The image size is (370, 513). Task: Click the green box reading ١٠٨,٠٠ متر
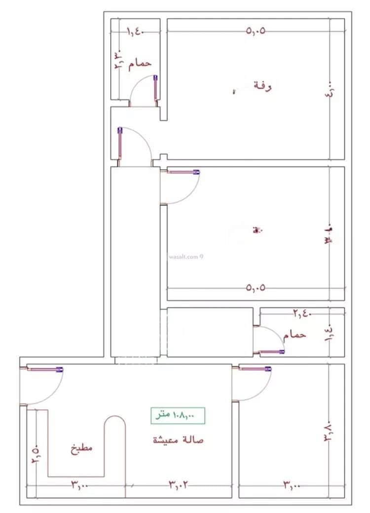(178, 416)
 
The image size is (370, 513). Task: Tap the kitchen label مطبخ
(81, 449)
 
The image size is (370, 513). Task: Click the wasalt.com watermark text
(185, 256)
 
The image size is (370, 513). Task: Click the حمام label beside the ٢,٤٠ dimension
(295, 334)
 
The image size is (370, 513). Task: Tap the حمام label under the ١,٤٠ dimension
(140, 64)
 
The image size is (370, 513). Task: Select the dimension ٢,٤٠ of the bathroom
(301, 313)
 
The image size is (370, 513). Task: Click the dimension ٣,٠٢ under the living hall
(178, 485)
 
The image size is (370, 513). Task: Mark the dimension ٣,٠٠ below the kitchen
(79, 485)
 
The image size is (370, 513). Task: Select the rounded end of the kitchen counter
(114, 424)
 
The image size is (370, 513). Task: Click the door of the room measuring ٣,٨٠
(255, 382)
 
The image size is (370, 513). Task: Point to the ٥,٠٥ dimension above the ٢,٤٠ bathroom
(255, 288)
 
